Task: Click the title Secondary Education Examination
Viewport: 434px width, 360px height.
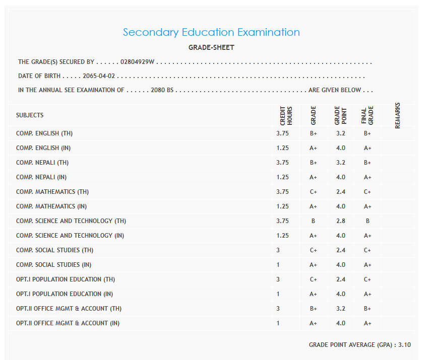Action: pyautogui.click(x=211, y=32)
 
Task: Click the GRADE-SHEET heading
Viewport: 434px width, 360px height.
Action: pyautogui.click(x=211, y=48)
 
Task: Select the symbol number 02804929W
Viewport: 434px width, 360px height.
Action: pyautogui.click(x=137, y=62)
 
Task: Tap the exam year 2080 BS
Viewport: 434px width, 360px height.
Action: pyautogui.click(x=162, y=90)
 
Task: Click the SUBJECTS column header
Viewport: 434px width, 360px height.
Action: pyautogui.click(x=30, y=115)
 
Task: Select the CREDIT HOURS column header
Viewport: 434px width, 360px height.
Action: pyautogui.click(x=286, y=115)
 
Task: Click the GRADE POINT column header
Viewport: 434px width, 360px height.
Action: pyautogui.click(x=340, y=115)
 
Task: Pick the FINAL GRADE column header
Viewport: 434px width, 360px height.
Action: pyautogui.click(x=367, y=115)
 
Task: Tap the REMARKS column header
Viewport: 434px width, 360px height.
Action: pyautogui.click(x=398, y=115)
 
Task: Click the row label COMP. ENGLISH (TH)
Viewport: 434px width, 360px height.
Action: pyautogui.click(x=44, y=133)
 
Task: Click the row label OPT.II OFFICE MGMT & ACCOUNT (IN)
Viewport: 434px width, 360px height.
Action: pyautogui.click(x=68, y=323)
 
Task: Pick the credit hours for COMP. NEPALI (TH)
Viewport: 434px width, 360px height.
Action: pyautogui.click(x=282, y=163)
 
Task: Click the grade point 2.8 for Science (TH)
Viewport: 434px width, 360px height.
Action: pyautogui.click(x=341, y=221)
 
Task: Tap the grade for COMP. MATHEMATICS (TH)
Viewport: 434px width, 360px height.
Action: pyautogui.click(x=314, y=192)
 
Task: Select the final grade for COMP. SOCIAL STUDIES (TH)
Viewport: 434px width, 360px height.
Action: pyautogui.click(x=367, y=250)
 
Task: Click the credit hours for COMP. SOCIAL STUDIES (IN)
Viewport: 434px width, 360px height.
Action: pyautogui.click(x=278, y=265)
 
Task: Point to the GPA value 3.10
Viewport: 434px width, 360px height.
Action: pyautogui.click(x=404, y=345)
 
